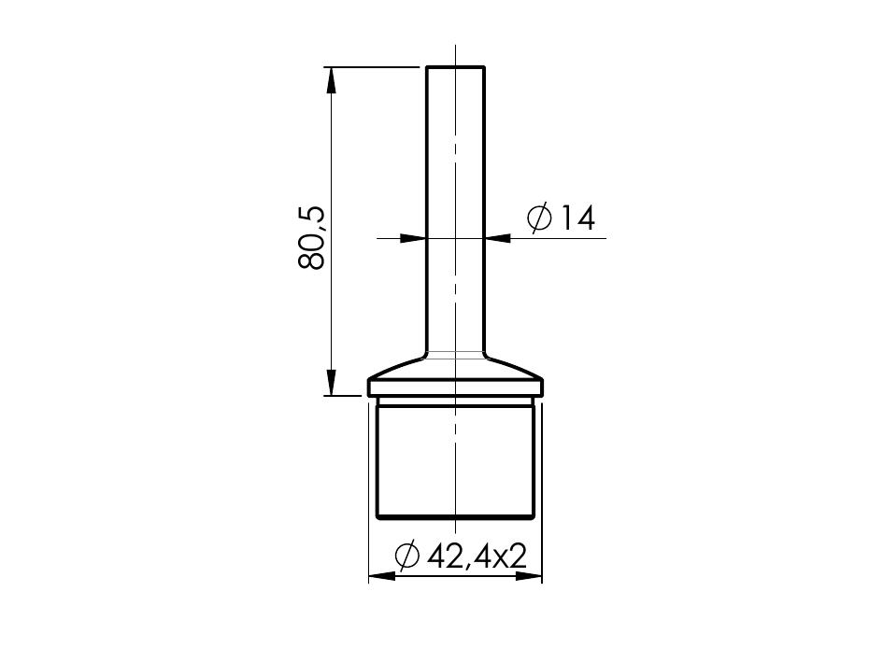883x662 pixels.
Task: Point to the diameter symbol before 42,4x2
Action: click(x=407, y=556)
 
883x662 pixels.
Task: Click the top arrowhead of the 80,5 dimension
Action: click(x=331, y=80)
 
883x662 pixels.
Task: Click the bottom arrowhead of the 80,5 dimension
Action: click(x=331, y=383)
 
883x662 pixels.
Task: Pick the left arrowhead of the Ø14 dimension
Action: click(x=413, y=238)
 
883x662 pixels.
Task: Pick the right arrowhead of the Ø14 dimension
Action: click(x=498, y=238)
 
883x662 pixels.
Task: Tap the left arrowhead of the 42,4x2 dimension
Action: click(x=382, y=576)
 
